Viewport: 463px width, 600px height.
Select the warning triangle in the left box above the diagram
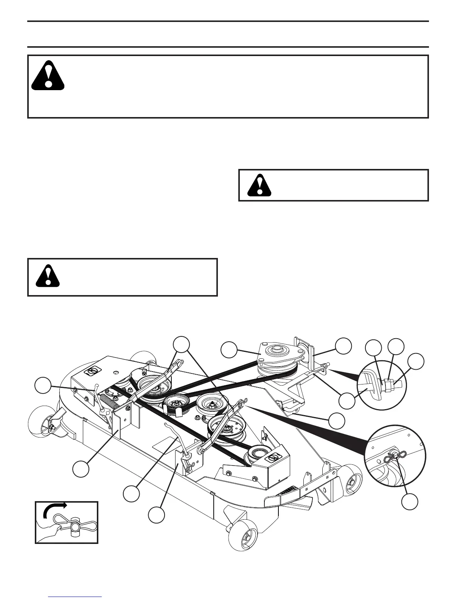coord(48,274)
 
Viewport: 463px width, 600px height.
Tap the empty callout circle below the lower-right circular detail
coord(410,502)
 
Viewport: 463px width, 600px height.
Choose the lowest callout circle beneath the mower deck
coord(156,515)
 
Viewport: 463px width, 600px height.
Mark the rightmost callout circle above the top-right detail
coord(417,362)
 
